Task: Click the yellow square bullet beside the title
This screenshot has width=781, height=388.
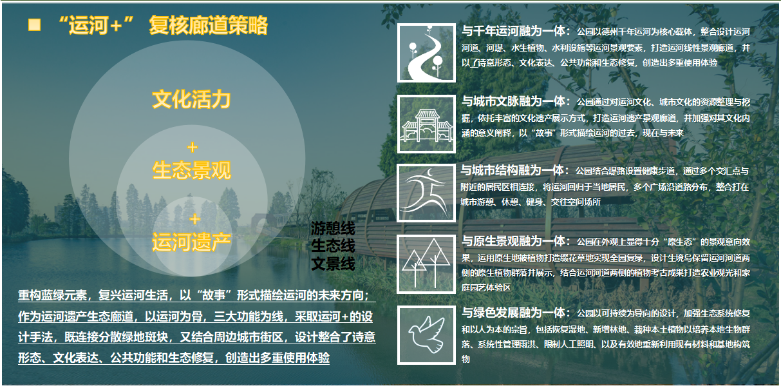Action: (x=35, y=24)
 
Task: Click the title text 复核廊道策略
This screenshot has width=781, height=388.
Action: (x=208, y=26)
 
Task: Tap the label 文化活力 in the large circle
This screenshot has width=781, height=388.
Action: (x=191, y=99)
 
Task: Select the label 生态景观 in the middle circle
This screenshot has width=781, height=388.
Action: (x=191, y=170)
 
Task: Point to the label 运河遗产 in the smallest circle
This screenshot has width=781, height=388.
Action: (x=191, y=242)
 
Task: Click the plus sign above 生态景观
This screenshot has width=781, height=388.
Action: (x=192, y=148)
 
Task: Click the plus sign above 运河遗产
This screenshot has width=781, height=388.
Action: (x=194, y=220)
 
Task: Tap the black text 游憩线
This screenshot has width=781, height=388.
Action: (x=333, y=229)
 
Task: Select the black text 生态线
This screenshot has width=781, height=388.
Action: (x=333, y=246)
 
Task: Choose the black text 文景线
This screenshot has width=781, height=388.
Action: (x=333, y=264)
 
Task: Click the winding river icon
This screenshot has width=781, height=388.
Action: (x=426, y=53)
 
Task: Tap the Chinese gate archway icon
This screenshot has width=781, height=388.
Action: (x=426, y=124)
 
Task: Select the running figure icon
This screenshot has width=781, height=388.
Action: (x=426, y=193)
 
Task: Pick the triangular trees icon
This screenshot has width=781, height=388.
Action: (x=426, y=264)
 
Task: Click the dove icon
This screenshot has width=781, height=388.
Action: (x=426, y=335)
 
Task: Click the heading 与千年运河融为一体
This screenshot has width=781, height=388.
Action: (x=513, y=31)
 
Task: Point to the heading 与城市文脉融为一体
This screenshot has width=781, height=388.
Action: (x=513, y=101)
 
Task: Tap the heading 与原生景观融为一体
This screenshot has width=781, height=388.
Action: (x=513, y=241)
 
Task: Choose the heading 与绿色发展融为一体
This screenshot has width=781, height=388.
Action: (x=513, y=313)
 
